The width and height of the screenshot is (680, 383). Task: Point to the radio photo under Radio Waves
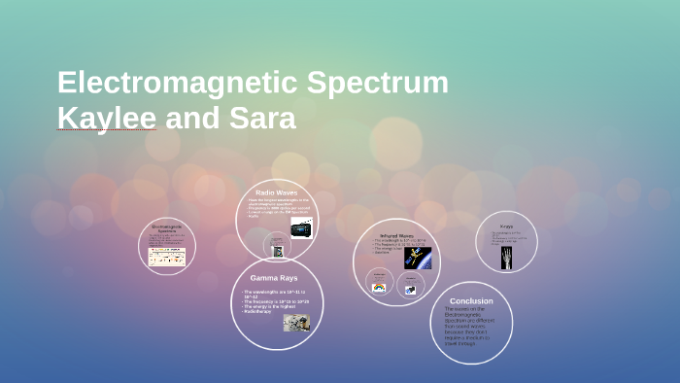[x=301, y=227]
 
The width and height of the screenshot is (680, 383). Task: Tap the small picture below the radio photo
[x=278, y=251]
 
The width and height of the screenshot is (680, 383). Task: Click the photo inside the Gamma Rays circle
[x=296, y=322]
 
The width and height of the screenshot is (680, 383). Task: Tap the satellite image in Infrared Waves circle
[x=418, y=257]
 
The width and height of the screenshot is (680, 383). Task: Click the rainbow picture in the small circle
[x=379, y=287]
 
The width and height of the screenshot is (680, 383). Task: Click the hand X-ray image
[x=507, y=258]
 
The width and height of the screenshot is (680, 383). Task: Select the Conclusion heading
[x=470, y=301]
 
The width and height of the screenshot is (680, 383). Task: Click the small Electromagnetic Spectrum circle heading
[x=167, y=228]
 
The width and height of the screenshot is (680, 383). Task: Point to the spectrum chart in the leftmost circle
[x=166, y=257]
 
